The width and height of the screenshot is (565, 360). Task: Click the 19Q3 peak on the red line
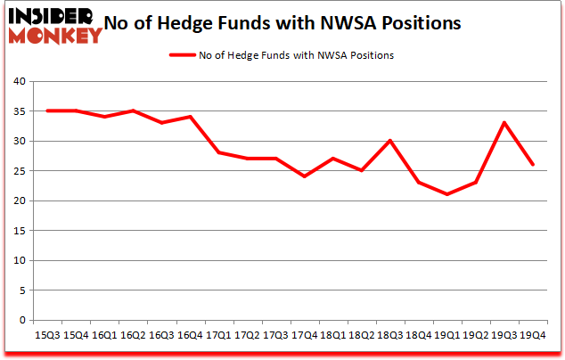504,123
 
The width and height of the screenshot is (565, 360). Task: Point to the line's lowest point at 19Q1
447,194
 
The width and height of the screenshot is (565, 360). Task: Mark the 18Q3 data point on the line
390,141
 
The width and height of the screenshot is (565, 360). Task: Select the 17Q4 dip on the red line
305,176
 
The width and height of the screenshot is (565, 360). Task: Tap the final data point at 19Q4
533,165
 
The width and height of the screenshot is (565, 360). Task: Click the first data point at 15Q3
47,110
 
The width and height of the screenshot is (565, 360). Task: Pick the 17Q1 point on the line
219,152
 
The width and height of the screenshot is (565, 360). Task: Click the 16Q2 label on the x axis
133,335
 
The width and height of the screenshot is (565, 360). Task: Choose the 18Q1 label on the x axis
332,335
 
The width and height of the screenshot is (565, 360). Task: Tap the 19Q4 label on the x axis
532,335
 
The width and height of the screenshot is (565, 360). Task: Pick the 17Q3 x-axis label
275,335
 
